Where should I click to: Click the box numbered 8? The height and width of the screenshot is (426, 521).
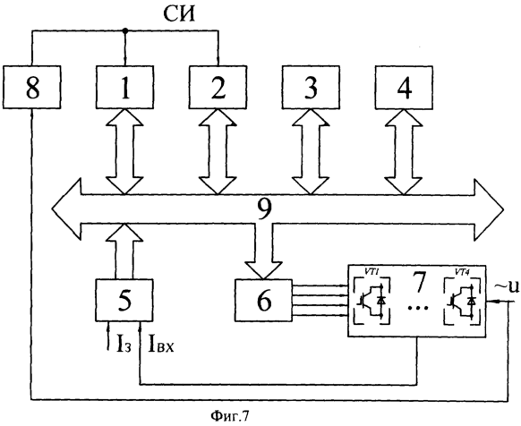pos(32,87)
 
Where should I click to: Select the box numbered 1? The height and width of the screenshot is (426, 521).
pos(125,87)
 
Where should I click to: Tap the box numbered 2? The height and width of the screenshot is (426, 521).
pos(218,87)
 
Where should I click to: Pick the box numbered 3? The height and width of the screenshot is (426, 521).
pos(311,87)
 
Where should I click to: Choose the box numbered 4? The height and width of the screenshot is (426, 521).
pos(404,87)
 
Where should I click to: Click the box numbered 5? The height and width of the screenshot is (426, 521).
pos(124,301)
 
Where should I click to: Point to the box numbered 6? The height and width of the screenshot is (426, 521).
pos(264,301)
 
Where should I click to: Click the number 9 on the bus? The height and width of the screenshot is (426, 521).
pos(264,209)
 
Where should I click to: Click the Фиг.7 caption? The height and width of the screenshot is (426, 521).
pos(229,415)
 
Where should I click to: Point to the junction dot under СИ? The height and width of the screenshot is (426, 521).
pos(125,31)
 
